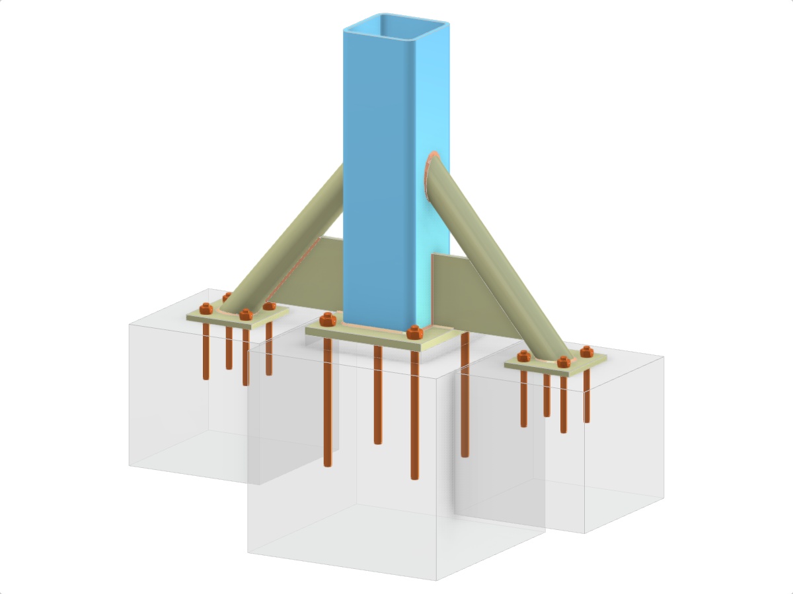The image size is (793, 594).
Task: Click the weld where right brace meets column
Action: coord(429,175)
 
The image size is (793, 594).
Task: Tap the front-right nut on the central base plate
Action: coord(414,332)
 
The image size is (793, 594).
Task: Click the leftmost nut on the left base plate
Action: coord(206,308)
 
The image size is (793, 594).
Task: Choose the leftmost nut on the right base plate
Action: coord(523,357)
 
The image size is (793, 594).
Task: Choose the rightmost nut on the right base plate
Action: coord(585,350)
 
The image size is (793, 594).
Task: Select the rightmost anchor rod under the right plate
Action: coord(586,396)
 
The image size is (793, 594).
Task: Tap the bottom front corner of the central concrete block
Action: coord(437,580)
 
